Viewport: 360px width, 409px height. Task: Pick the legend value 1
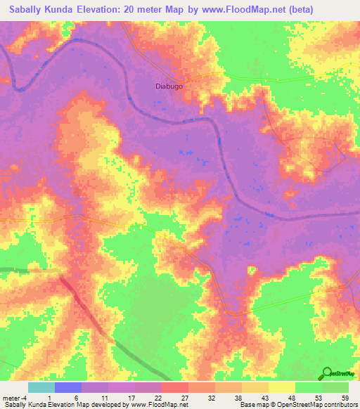coord(55,398)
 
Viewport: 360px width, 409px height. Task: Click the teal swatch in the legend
coord(41,387)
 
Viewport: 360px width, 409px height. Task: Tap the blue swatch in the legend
coord(68,387)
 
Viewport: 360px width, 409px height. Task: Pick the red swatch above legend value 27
coord(175,387)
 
